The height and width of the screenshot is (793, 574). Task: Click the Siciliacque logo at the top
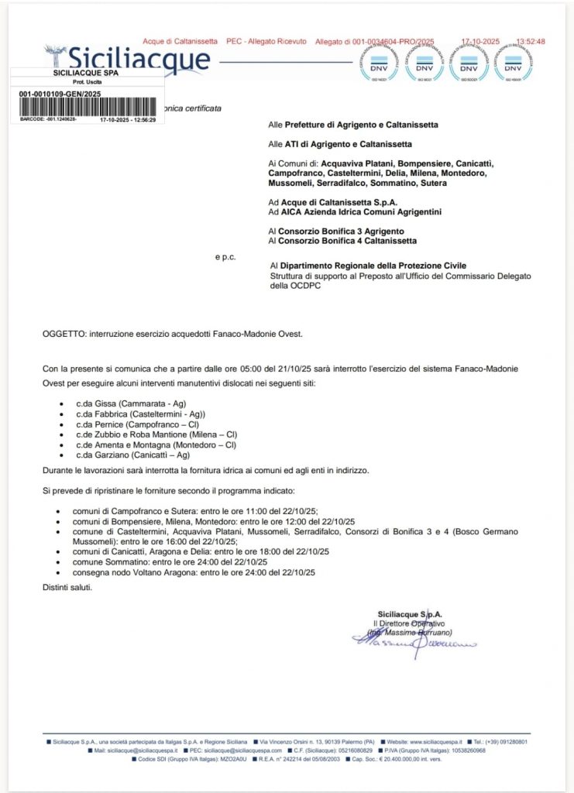pos(128,59)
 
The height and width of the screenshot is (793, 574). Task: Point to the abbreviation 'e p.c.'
pos(225,257)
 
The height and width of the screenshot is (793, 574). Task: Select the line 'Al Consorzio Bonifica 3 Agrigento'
pos(335,231)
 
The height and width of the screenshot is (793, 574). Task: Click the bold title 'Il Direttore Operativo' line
pos(409,623)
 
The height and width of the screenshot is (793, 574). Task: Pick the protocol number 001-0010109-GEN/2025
pos(60,93)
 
